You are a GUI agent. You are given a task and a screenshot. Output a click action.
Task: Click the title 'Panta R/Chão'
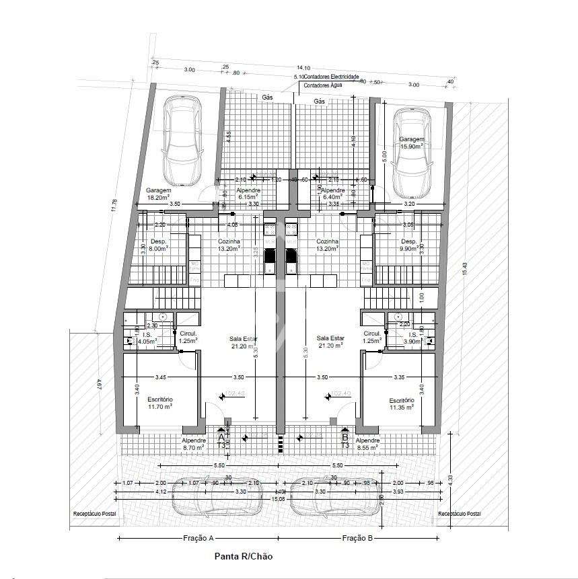pyautogui.click(x=243, y=556)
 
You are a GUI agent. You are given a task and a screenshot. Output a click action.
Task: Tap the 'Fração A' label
pyautogui.click(x=198, y=538)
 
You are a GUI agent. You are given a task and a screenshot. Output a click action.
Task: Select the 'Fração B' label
pyautogui.click(x=357, y=538)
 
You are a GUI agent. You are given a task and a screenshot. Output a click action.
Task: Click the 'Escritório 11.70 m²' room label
pyautogui.click(x=160, y=403)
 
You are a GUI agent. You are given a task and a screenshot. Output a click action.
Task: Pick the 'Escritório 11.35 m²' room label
pyautogui.click(x=401, y=403)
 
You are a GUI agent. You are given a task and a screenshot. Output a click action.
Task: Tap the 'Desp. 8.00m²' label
pyautogui.click(x=158, y=244)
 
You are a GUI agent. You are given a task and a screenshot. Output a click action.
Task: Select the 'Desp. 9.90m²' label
pyautogui.click(x=409, y=244)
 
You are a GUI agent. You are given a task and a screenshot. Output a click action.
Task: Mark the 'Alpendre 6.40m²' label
pyautogui.click(x=332, y=194)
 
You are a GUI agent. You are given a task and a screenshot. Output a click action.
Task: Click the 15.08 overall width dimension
pyautogui.click(x=277, y=499)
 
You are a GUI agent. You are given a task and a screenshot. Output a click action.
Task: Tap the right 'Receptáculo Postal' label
pyautogui.click(x=460, y=514)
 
